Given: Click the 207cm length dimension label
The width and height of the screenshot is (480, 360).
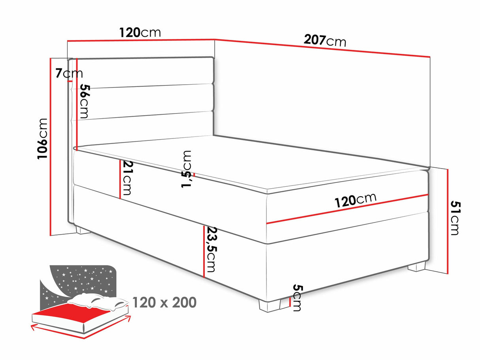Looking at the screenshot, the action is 325,41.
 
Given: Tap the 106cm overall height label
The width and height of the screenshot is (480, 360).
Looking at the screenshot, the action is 42,139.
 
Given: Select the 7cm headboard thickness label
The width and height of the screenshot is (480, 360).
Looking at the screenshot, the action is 69,73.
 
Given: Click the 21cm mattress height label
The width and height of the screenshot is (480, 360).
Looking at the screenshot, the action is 127,178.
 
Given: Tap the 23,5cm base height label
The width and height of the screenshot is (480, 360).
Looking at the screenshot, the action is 212,250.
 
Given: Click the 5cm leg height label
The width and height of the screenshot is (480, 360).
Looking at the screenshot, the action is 298,297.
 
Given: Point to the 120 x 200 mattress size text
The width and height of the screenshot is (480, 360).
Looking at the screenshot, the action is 164,303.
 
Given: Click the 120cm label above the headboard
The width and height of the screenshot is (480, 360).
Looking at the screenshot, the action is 140,32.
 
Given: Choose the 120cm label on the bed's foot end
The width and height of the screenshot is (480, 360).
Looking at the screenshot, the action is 355,200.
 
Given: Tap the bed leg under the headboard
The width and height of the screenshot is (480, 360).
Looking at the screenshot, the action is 83,230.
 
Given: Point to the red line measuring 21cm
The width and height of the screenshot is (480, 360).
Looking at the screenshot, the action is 120,179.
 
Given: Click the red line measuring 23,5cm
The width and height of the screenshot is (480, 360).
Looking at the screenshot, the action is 204,252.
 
